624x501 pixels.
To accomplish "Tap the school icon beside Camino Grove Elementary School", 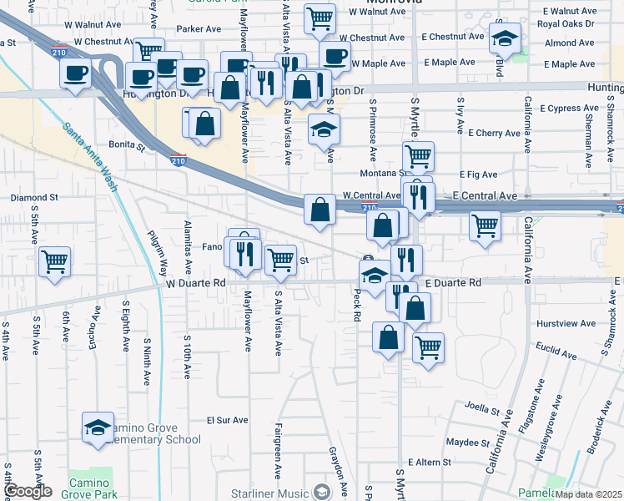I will [98, 428].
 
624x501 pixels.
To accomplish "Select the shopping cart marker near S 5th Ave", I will [54, 261].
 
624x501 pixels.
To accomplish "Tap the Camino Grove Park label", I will [84, 489].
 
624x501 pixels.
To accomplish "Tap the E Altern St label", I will [429, 462].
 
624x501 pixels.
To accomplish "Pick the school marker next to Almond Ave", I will [504, 38].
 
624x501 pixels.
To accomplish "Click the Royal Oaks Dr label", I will [565, 23].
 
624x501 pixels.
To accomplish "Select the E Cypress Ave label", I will [570, 109].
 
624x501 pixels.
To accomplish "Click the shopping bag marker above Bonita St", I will [204, 124].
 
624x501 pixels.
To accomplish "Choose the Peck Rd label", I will [356, 306].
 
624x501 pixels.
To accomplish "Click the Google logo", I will [28, 492].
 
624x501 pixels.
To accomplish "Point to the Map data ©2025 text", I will [588, 494].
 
